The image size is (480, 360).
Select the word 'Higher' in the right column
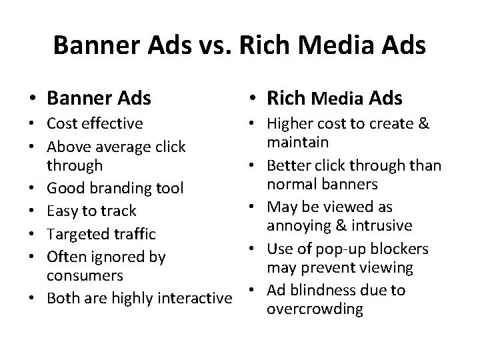click(291, 123)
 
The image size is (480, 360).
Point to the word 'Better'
click(289, 165)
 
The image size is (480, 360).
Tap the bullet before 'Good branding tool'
click(33, 188)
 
